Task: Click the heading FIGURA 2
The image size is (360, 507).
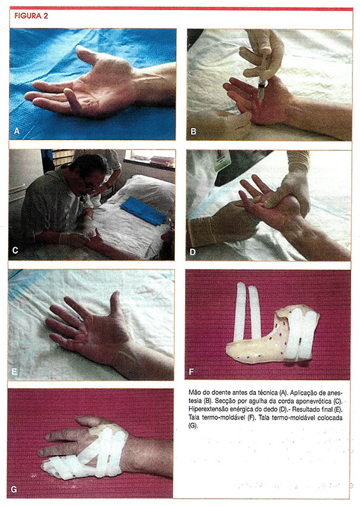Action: coord(31,16)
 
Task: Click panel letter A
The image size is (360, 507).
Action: coord(17,131)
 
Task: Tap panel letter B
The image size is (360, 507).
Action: coord(193,131)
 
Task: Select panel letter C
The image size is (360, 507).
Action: coord(15,250)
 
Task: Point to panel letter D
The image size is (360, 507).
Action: coord(193,252)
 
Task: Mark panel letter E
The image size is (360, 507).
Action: coord(14,371)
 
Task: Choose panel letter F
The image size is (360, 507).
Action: coord(191,371)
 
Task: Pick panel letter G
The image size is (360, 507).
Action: coord(14,489)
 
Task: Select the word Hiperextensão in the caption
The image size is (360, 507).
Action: coord(207,409)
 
